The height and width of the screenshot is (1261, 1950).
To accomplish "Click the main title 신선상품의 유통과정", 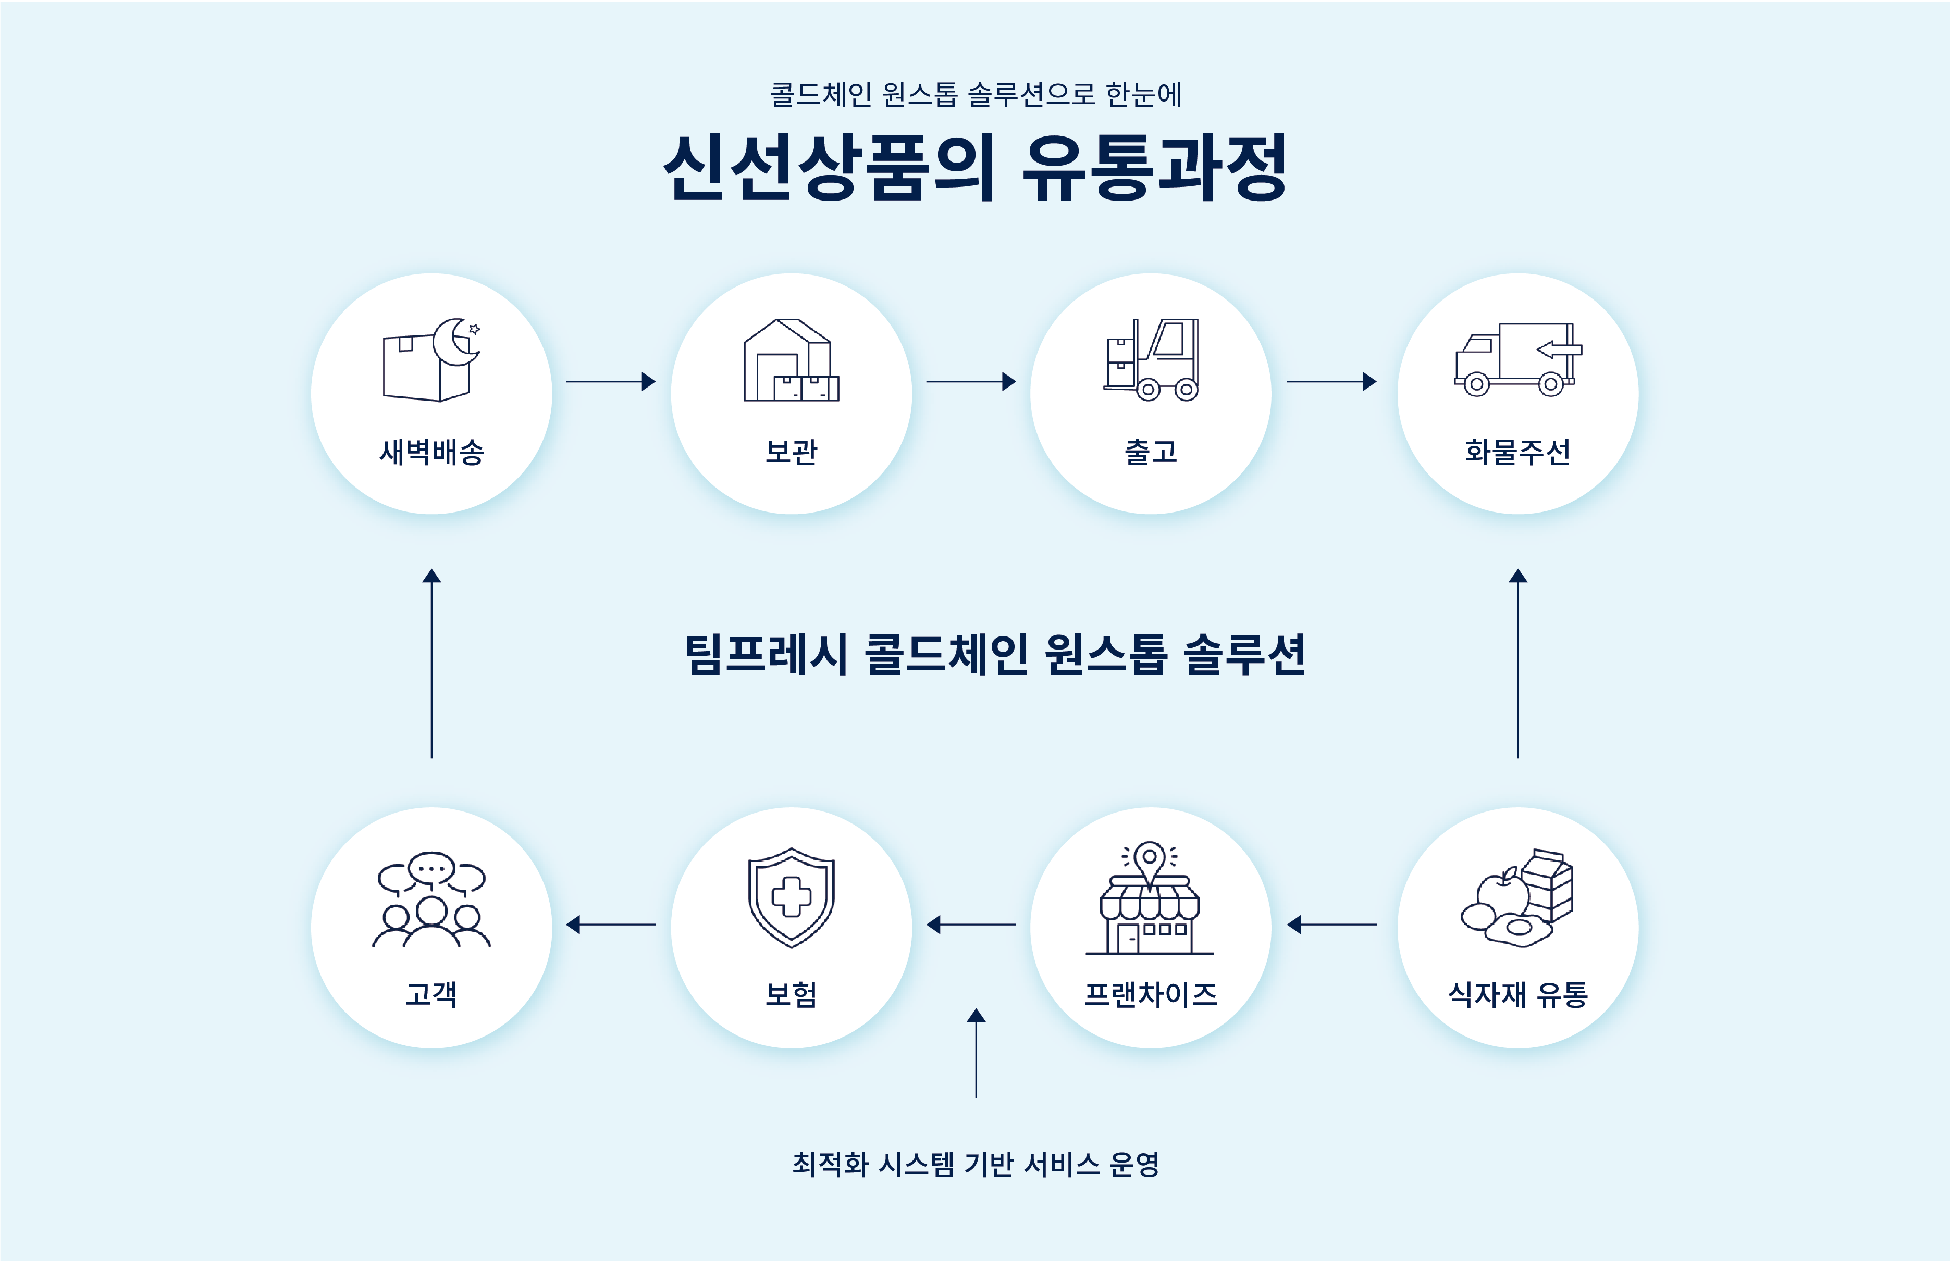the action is (x=974, y=168).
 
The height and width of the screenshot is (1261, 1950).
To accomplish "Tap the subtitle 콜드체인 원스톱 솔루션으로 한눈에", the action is (x=974, y=95).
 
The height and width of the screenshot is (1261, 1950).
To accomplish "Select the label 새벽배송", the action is (x=431, y=451).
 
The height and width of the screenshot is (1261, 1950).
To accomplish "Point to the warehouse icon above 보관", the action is (x=791, y=360).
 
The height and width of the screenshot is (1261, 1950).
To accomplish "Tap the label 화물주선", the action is (x=1517, y=451).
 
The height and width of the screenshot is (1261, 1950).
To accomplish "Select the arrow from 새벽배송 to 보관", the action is (x=610, y=382).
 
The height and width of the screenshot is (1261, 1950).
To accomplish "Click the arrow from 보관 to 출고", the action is (x=970, y=382).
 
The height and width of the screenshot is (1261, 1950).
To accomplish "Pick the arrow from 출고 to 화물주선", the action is (x=1331, y=382).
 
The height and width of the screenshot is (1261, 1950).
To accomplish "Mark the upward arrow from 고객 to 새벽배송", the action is (x=431, y=663).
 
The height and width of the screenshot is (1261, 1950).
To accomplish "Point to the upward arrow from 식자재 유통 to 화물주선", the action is (x=1517, y=663).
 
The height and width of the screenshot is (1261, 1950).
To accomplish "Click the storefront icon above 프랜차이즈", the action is (x=1150, y=909).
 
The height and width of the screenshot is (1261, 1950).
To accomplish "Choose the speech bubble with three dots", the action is (x=431, y=867).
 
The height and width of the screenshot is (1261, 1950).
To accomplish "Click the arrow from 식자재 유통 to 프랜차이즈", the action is (x=1331, y=925).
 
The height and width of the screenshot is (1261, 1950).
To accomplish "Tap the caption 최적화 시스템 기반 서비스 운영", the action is (x=974, y=1164).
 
